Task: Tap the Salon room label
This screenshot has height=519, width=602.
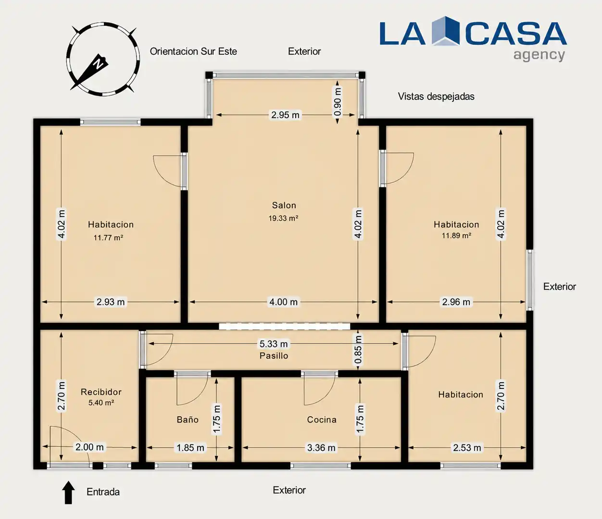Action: point(284,205)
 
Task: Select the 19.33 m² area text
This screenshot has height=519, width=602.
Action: point(283,218)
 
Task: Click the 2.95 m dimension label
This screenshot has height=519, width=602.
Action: point(285,115)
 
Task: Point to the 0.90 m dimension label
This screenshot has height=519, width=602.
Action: point(337,102)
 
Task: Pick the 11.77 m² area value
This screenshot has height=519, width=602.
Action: point(108,237)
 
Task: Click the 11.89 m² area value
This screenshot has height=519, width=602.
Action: point(456,235)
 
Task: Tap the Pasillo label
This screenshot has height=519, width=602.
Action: point(274,356)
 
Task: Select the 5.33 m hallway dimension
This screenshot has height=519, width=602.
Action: point(274,344)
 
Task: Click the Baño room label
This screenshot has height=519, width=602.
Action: point(188,420)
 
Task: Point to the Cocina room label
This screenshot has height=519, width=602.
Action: point(322,420)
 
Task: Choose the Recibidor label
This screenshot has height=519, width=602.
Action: point(101,392)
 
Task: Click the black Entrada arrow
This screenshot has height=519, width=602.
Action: point(68,493)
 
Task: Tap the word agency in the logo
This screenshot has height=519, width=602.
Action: point(539,55)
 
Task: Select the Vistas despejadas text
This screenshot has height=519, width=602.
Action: point(436,96)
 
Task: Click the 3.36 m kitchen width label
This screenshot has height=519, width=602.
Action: point(321,448)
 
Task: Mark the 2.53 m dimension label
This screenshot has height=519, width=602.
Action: point(467,448)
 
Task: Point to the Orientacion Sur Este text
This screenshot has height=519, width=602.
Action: point(193,51)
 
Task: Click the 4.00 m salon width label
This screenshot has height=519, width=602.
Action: point(283,302)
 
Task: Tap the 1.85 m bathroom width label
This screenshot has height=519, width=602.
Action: point(190,448)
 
